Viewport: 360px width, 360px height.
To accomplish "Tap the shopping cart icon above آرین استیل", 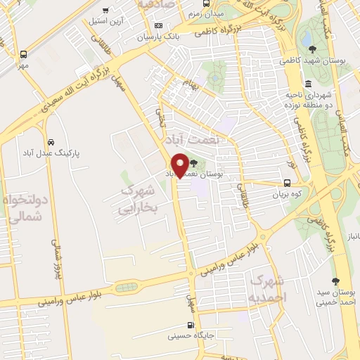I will pyautogui.click(x=105, y=11).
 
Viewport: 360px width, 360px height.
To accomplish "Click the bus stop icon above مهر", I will pyautogui.click(x=23, y=53).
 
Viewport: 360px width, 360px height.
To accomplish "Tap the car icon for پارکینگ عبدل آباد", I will pyautogui.click(x=49, y=141).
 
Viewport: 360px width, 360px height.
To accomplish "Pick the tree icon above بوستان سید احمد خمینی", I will pyautogui.click(x=335, y=282).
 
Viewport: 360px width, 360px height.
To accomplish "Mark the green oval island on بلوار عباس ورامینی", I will pyautogui.click(x=127, y=287).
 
